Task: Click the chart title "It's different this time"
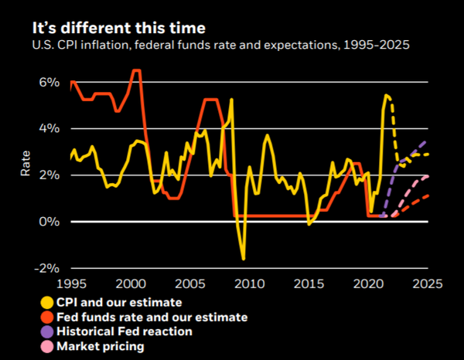[119, 29]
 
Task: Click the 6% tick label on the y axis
[48, 82]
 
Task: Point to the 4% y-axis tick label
[48, 128]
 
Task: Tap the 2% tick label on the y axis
[48, 175]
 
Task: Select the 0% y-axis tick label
[48, 222]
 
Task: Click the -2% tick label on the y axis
[46, 268]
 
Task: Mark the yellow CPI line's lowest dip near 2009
[244, 259]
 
